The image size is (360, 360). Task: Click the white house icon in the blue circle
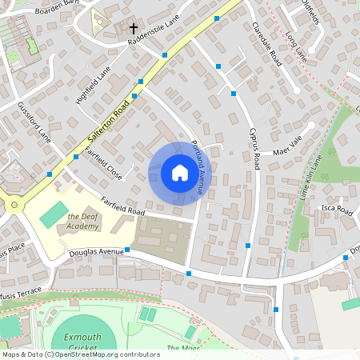tap(179, 173)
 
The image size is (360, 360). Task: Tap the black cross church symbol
tap(134, 29)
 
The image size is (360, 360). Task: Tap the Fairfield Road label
tap(122, 206)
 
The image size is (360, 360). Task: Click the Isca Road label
tap(337, 210)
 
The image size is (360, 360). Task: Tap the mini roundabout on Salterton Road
tap(14, 205)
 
